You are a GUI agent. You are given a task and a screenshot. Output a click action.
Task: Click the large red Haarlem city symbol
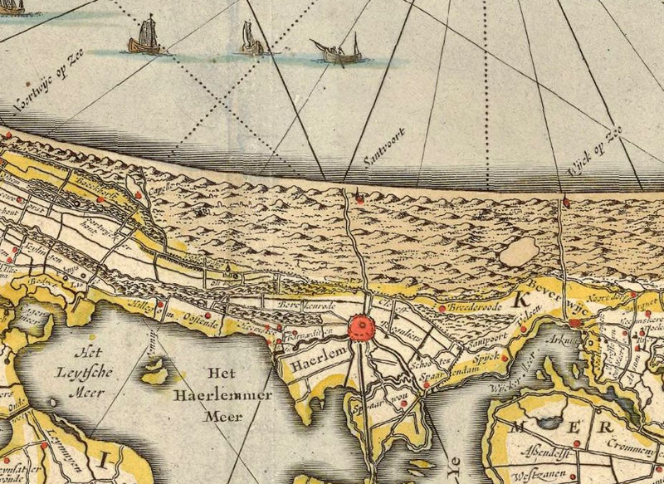[x=363, y=326]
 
